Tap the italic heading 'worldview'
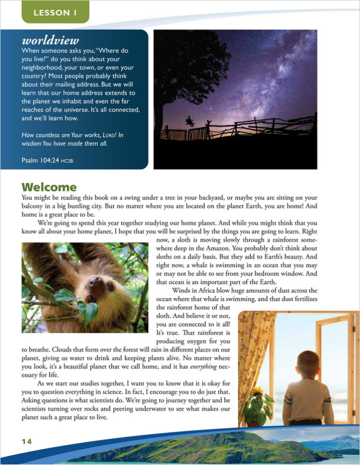click(x=50, y=41)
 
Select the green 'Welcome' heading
click(x=49, y=187)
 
